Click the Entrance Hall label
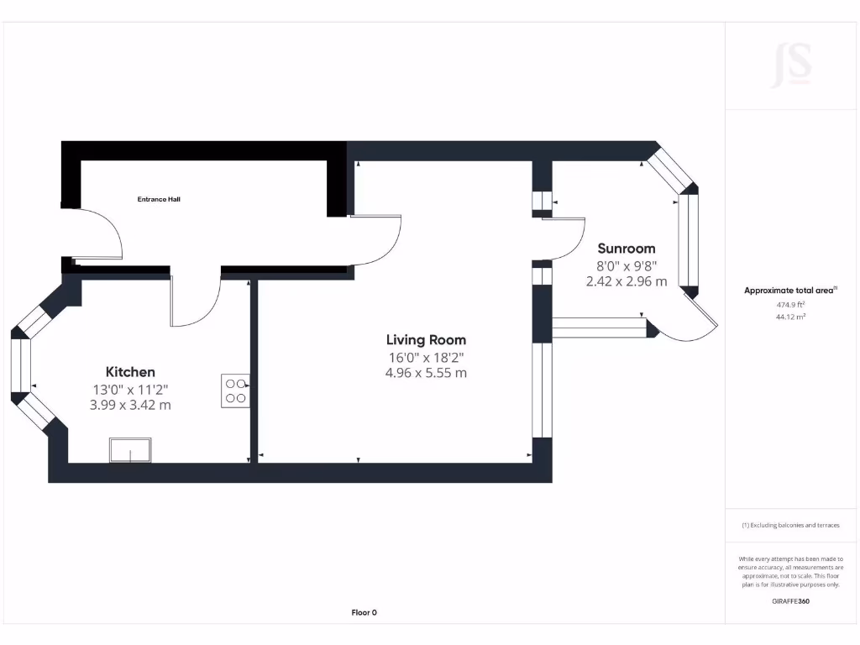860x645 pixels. tap(159, 199)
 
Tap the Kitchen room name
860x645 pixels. tap(130, 371)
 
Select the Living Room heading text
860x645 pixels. tap(426, 340)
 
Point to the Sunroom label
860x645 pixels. tap(626, 249)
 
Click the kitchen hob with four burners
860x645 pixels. tap(235, 391)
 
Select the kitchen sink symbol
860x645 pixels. tap(130, 450)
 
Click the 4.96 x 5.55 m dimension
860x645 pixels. tap(426, 373)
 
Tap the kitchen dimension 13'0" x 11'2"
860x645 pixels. tap(130, 389)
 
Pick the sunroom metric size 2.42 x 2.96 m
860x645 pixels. tap(627, 281)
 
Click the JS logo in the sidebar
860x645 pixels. tap(791, 66)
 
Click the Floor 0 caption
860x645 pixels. tap(364, 612)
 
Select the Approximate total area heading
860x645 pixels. tap(789, 291)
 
